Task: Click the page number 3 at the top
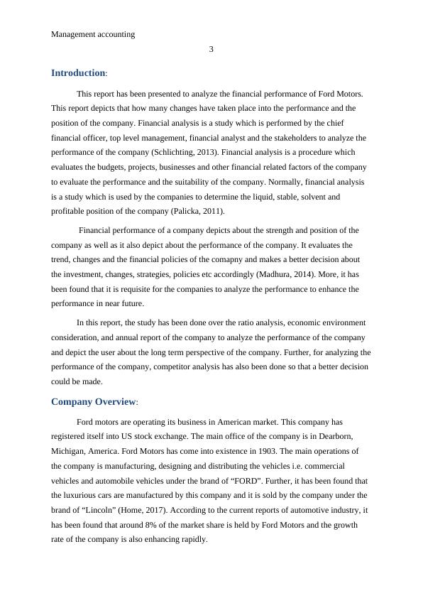pyautogui.click(x=211, y=49)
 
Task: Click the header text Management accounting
pyautogui.click(x=93, y=33)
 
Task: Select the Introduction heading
pyautogui.click(x=78, y=73)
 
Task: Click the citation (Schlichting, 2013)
pyautogui.click(x=189, y=152)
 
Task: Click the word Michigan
pyautogui.click(x=69, y=451)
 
